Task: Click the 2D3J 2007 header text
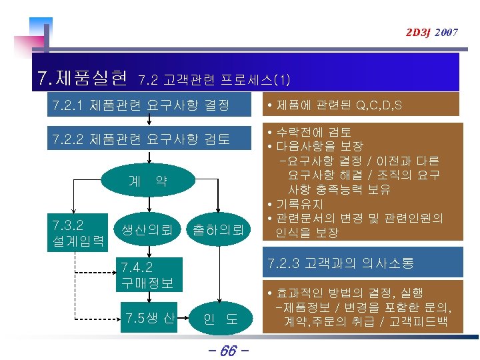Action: (429, 32)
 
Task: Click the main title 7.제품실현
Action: (83, 79)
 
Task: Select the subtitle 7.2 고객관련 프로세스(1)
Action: (213, 81)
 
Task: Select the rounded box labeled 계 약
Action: (148, 181)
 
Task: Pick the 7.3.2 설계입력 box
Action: (77, 231)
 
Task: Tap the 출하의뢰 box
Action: (217, 231)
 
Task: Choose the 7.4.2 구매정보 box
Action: (148, 274)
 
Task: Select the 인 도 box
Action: (220, 318)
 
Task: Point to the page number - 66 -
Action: (228, 349)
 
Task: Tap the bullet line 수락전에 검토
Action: (313, 131)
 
